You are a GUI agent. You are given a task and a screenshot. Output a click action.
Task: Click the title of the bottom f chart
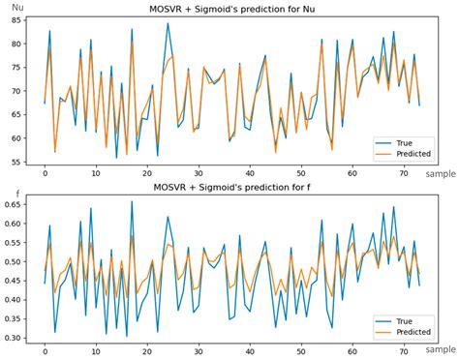coord(229,186)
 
